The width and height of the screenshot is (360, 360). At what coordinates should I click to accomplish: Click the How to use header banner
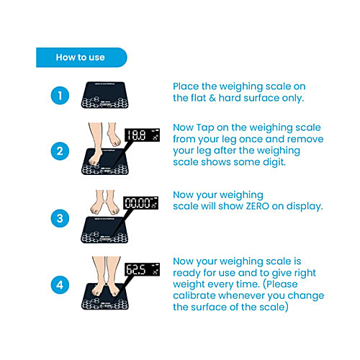click(x=81, y=58)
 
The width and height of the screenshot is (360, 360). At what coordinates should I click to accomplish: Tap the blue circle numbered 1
click(x=60, y=96)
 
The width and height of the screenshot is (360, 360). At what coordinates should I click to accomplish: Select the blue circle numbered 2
click(x=60, y=151)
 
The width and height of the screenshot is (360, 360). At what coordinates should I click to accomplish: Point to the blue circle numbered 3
click(x=60, y=218)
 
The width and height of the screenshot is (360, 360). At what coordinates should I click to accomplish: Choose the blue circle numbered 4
click(x=60, y=285)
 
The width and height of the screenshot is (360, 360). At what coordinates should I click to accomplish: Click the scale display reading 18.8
click(x=142, y=135)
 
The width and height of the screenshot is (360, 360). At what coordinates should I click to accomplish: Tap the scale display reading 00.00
click(x=141, y=203)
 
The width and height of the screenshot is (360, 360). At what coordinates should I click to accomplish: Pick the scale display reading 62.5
click(x=142, y=269)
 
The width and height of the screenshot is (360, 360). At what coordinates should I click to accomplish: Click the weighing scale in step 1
click(x=104, y=95)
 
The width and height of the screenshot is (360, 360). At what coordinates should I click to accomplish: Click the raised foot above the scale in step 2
click(x=113, y=135)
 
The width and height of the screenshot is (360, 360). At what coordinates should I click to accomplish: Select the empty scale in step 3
click(x=104, y=230)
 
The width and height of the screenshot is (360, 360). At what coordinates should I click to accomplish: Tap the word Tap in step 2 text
click(x=205, y=128)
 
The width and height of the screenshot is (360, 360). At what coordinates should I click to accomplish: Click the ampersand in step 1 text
click(x=212, y=98)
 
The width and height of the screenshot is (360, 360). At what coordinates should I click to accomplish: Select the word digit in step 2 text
click(x=274, y=162)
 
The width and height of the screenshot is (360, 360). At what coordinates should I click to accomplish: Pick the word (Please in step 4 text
click(x=280, y=284)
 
